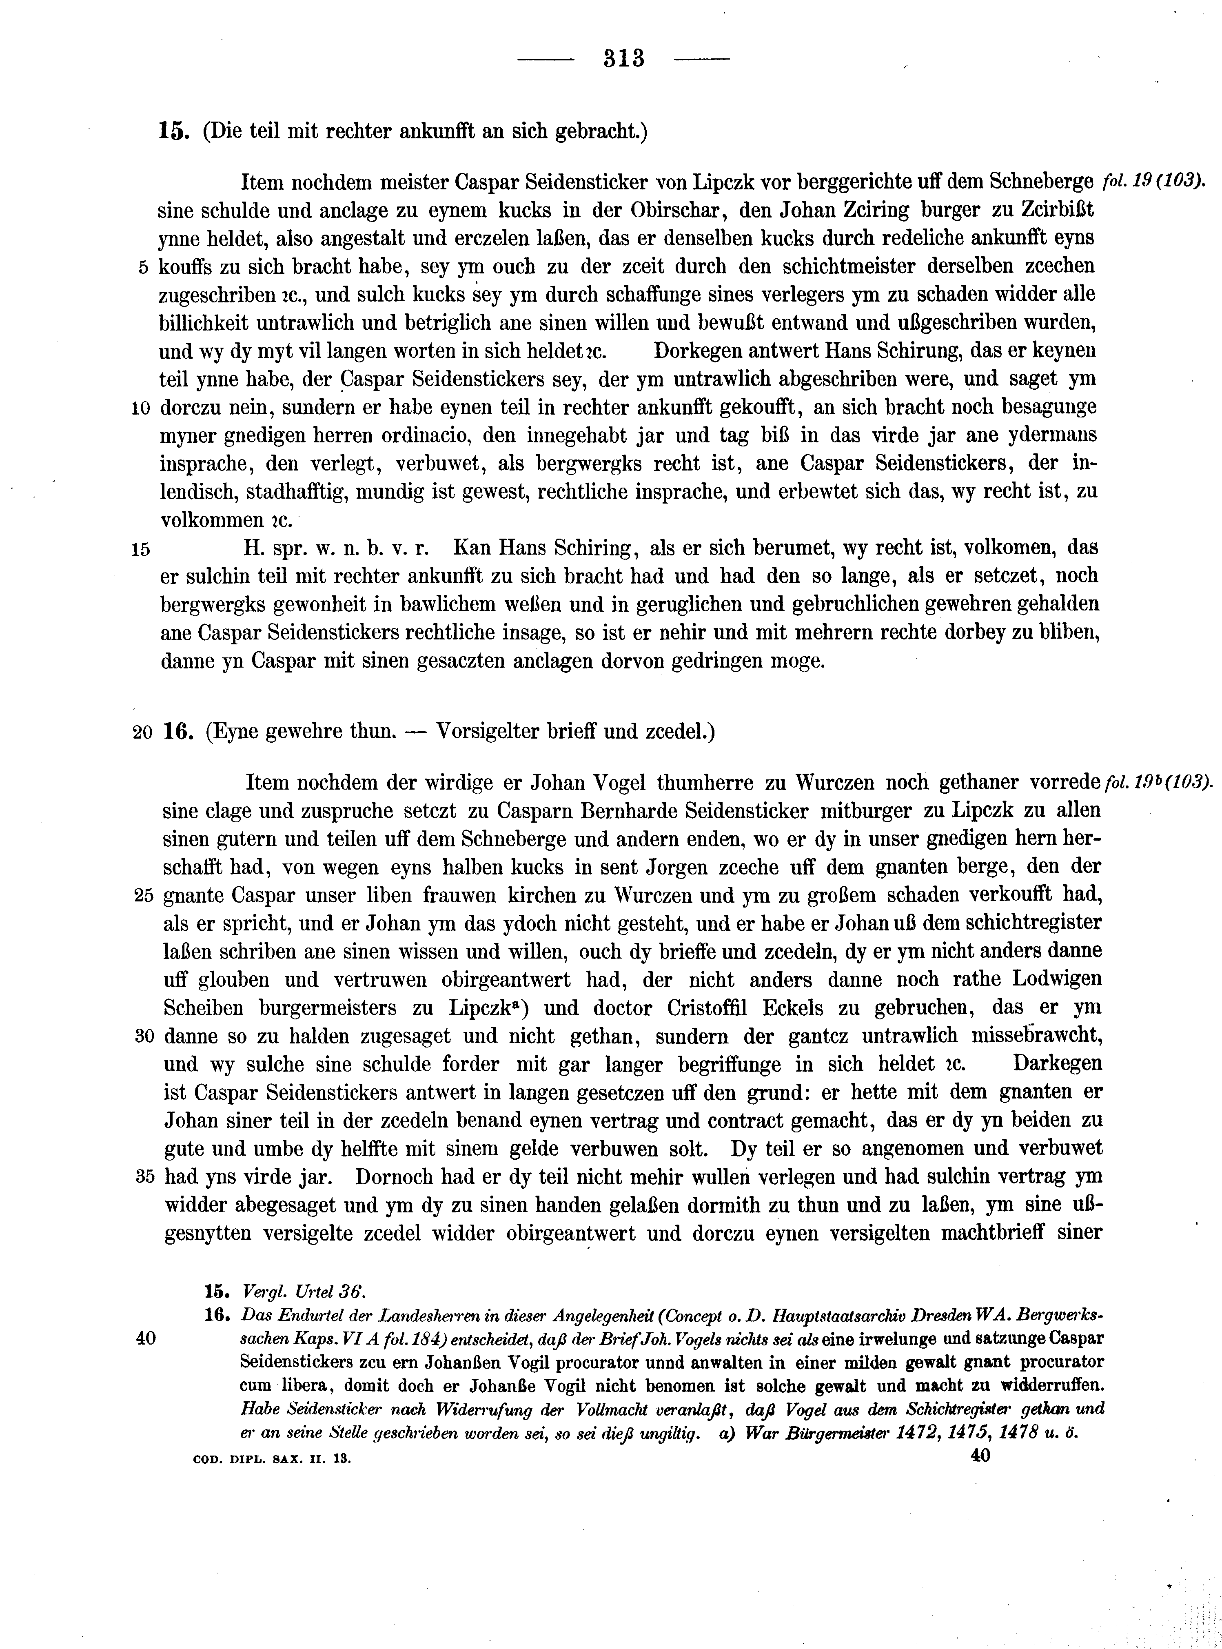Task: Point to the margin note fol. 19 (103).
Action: (x=1153, y=180)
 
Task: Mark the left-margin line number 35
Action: (x=144, y=1177)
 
